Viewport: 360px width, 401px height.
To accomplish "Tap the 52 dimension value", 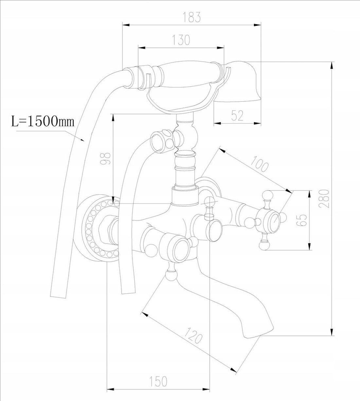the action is click(x=237, y=115).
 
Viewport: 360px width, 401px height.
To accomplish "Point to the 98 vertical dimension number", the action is click(x=105, y=159).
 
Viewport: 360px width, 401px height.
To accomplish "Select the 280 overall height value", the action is click(x=324, y=198).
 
